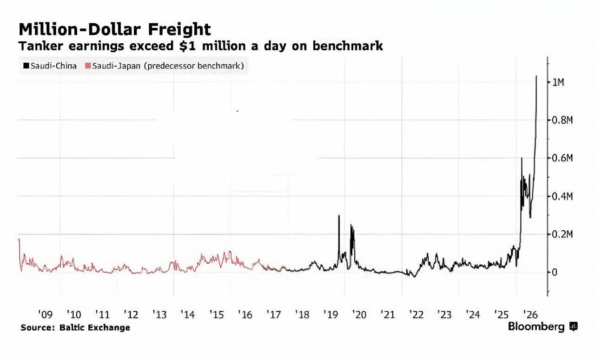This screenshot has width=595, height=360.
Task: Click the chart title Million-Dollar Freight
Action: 115,29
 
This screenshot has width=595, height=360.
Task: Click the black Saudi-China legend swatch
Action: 26,66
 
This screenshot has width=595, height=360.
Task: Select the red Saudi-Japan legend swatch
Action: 88,66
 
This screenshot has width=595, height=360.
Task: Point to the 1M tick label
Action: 558,82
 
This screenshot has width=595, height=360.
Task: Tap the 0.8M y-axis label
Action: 562,120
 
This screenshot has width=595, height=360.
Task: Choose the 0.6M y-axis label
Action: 562,158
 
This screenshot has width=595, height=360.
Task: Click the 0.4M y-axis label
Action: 562,196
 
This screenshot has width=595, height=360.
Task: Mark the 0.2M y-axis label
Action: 562,234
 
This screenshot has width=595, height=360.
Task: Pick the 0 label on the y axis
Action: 555,272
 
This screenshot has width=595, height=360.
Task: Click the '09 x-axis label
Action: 46,314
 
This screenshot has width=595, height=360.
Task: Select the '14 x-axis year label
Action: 188,314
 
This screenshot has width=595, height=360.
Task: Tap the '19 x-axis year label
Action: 331,314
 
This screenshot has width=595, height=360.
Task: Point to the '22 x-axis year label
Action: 416,314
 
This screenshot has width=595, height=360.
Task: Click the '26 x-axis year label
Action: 530,314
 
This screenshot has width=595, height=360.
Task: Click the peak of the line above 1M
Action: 536,76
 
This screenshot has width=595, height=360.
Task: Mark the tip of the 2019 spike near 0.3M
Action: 339,215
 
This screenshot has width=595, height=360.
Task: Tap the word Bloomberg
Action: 536,327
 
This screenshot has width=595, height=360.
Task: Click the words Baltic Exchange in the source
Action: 94,327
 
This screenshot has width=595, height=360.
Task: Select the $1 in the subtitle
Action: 187,46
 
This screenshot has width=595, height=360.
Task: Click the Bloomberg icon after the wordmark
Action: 573,326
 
